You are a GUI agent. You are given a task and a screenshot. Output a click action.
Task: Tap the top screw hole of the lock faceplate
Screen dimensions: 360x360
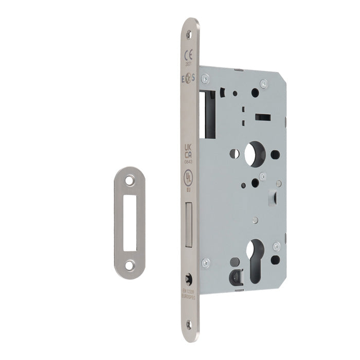[x=188, y=33]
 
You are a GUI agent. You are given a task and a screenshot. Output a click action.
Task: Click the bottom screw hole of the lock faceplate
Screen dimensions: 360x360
[x=188, y=324]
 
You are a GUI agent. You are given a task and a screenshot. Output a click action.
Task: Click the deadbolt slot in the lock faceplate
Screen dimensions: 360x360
[x=189, y=224]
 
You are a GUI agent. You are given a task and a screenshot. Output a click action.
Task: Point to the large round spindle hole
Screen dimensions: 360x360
[x=254, y=154]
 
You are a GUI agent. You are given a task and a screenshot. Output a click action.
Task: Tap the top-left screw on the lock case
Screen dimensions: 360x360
[x=206, y=78]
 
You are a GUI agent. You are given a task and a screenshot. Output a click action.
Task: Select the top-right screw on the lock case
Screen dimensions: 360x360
[x=264, y=82]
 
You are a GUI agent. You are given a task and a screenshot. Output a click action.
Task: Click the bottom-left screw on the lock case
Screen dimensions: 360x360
[x=206, y=263]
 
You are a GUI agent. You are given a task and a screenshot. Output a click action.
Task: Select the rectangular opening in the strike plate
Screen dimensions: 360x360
[x=130, y=223]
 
